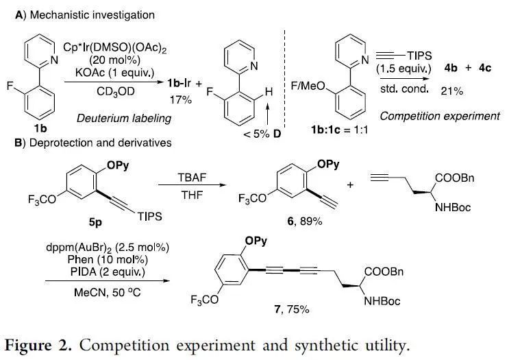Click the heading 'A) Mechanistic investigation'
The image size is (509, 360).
pos(86,14)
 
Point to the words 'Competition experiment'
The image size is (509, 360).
pos(439,116)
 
